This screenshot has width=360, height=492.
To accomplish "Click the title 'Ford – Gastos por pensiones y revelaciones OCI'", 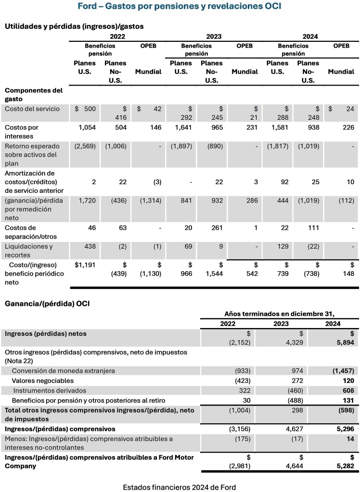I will click(x=180, y=6).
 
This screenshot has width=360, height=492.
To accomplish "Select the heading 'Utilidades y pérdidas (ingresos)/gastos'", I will click(x=74, y=26).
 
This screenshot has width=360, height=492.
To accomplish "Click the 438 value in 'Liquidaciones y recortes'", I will click(x=90, y=246).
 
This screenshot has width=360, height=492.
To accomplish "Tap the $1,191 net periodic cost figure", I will click(x=85, y=265).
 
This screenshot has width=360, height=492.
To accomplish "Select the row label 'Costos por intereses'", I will click(x=22, y=132).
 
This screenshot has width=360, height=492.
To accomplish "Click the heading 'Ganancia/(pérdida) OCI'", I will click(x=47, y=303).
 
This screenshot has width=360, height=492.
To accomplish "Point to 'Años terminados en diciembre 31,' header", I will click(x=280, y=314).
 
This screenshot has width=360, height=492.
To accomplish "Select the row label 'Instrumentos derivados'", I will click(x=50, y=391).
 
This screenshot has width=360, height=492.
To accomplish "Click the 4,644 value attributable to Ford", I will click(x=293, y=466).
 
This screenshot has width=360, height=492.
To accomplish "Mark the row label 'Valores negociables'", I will click(x=43, y=380).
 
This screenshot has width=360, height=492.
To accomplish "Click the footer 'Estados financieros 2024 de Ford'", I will click(x=180, y=487).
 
